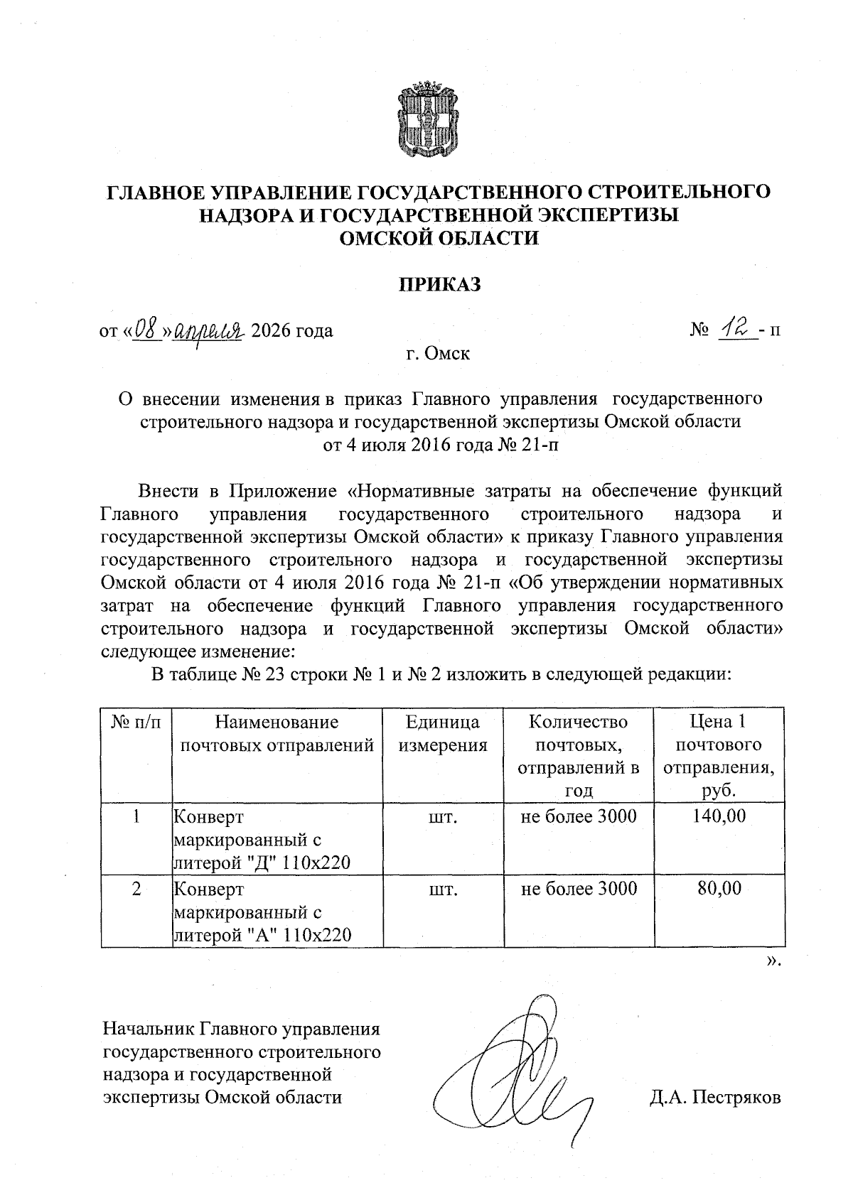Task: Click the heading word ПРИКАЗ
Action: (x=439, y=285)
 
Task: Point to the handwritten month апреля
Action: (x=211, y=330)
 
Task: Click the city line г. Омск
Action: (x=438, y=352)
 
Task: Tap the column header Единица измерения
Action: (x=442, y=734)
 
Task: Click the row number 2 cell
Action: (x=136, y=888)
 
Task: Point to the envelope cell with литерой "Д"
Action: (x=263, y=840)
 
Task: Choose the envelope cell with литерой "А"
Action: (x=263, y=912)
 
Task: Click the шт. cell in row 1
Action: (x=442, y=816)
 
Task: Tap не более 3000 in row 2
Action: (x=579, y=888)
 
